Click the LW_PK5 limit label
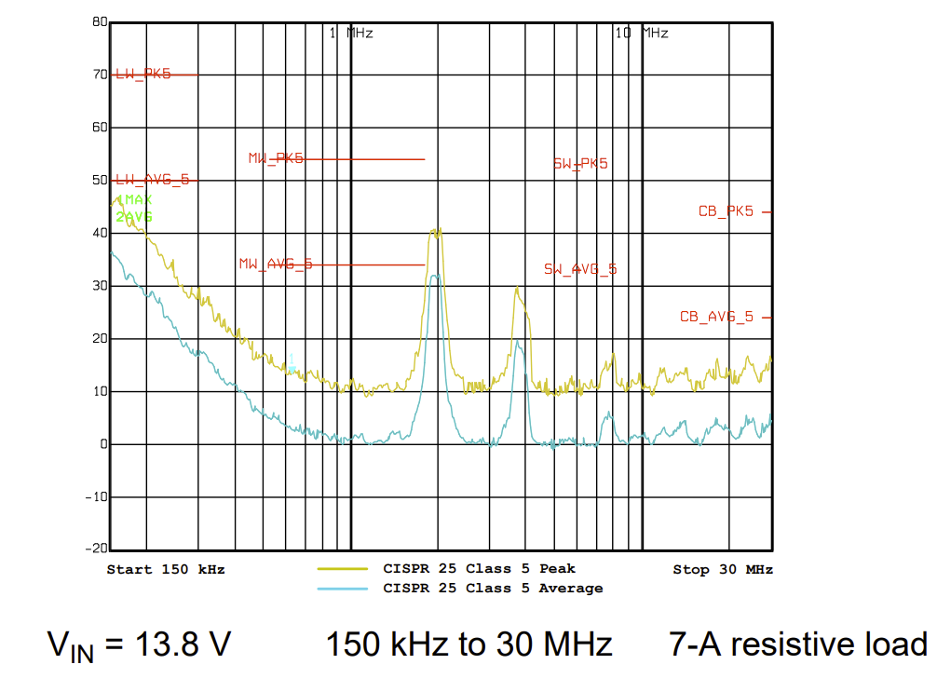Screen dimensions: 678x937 (143, 75)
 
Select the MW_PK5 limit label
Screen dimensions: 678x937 (276, 159)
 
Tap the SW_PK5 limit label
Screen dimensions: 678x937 (580, 164)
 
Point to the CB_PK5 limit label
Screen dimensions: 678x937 (726, 212)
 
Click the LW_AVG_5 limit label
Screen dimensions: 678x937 (152, 180)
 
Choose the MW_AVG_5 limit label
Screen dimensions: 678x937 (276, 264)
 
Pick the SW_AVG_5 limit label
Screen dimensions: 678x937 (580, 270)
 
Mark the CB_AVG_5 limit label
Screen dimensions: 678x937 (716, 318)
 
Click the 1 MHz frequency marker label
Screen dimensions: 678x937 (351, 34)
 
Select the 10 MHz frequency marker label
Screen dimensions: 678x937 (642, 34)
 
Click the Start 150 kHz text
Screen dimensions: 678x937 (166, 569)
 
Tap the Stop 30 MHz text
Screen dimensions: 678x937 (723, 569)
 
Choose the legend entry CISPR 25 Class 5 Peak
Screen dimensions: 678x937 (479, 568)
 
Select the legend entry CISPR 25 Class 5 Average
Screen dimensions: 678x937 (493, 589)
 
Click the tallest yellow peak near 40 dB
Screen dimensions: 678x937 (435, 230)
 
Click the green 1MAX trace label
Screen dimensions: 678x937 (134, 200)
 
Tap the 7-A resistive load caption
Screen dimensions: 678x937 (797, 644)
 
